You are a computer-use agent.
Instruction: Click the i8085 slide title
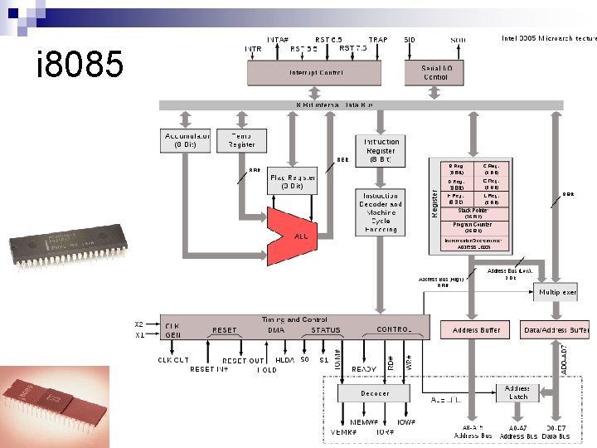point(80,65)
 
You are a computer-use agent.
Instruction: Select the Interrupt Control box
point(316,73)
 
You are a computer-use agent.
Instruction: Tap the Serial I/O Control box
point(435,72)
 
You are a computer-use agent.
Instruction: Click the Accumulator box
point(187,140)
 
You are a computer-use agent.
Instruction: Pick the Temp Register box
point(241,140)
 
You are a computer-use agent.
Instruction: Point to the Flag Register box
point(292,182)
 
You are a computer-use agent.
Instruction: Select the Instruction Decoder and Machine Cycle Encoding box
point(381,212)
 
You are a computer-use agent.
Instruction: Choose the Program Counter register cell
point(473,227)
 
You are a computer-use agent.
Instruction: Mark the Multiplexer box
point(557,292)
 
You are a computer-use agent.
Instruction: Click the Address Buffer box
point(476,329)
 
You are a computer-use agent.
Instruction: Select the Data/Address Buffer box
point(556,329)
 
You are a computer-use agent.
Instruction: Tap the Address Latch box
point(518,392)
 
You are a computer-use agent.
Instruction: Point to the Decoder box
point(375,392)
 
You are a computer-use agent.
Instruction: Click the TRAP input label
point(378,40)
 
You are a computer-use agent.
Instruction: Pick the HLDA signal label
point(284,360)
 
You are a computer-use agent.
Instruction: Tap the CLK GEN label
point(173,330)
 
